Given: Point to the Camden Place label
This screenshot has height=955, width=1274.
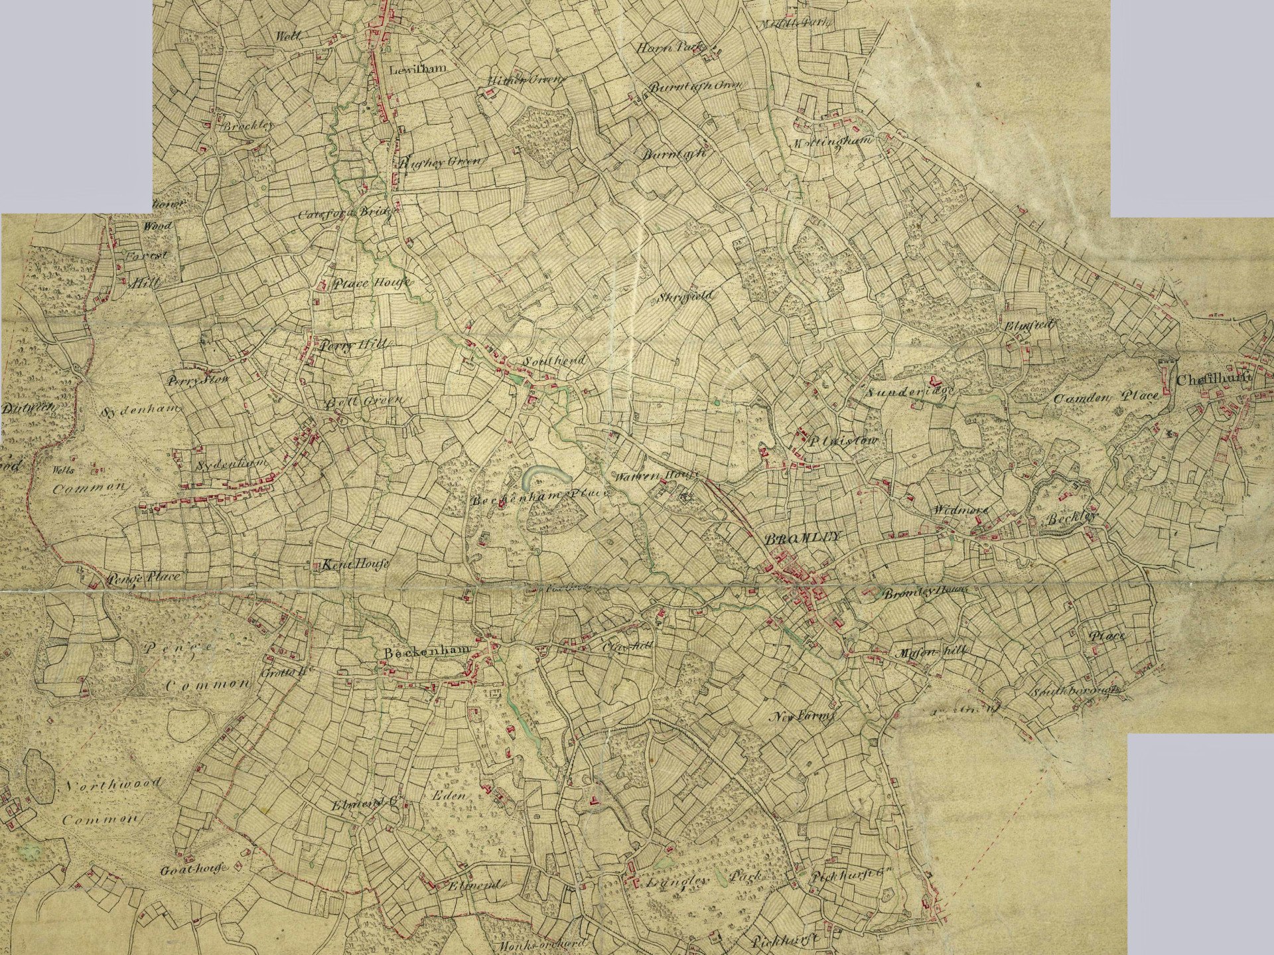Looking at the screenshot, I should click(1106, 398).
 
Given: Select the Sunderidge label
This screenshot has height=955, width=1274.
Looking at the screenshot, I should click(910, 392).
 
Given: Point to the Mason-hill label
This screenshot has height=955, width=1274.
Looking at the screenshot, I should click(928, 653).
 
